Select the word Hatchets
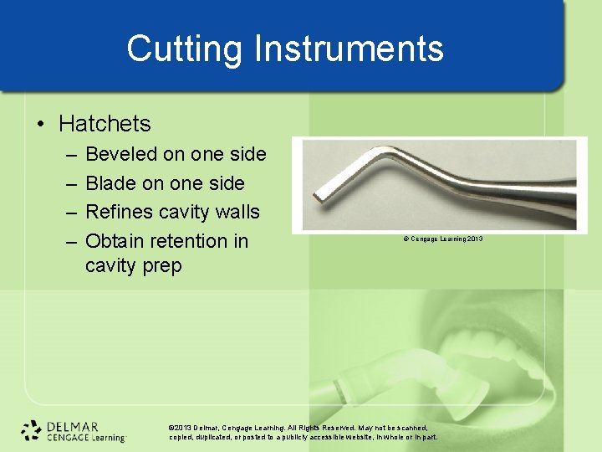tap(105, 124)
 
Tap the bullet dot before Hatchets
tap(41, 125)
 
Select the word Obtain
tap(115, 241)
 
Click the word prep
tap(161, 266)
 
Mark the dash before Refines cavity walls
tap(68, 213)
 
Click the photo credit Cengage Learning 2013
tap(442, 239)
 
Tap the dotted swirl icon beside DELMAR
tap(32, 430)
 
